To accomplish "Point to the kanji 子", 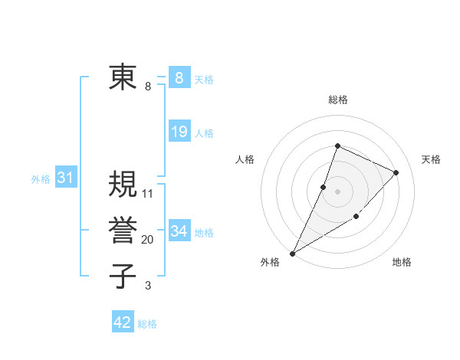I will [x=123, y=276].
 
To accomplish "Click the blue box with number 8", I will [x=179, y=77].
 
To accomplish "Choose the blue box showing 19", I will [x=179, y=132].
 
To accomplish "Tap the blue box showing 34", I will [x=179, y=231].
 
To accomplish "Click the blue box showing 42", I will [x=123, y=322].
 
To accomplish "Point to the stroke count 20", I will [x=147, y=240].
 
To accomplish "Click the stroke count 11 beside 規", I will [x=148, y=194].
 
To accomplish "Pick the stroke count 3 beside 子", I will [x=148, y=286].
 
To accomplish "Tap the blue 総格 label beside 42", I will [x=147, y=324].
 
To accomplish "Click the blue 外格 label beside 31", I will [x=41, y=179].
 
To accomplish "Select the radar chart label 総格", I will [x=337, y=100].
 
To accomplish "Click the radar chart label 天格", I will [x=431, y=159].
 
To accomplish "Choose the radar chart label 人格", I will [x=245, y=159].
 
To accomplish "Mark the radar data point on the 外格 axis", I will [x=292, y=253].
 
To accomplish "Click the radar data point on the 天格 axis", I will [x=396, y=172].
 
